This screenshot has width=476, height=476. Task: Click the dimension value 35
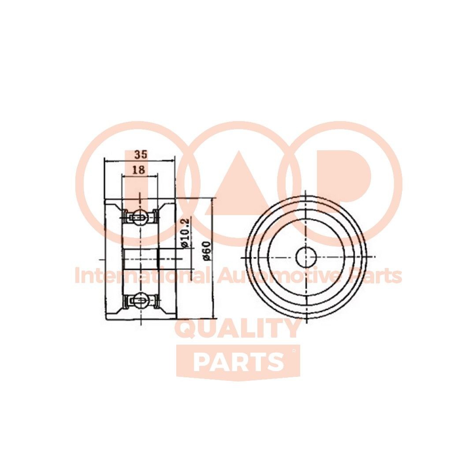[141, 155]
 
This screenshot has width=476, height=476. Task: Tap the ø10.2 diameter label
[185, 232]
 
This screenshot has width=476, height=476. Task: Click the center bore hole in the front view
[306, 257]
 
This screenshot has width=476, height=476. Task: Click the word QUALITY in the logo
[238, 328]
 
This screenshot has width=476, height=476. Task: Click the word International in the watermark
[141, 276]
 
